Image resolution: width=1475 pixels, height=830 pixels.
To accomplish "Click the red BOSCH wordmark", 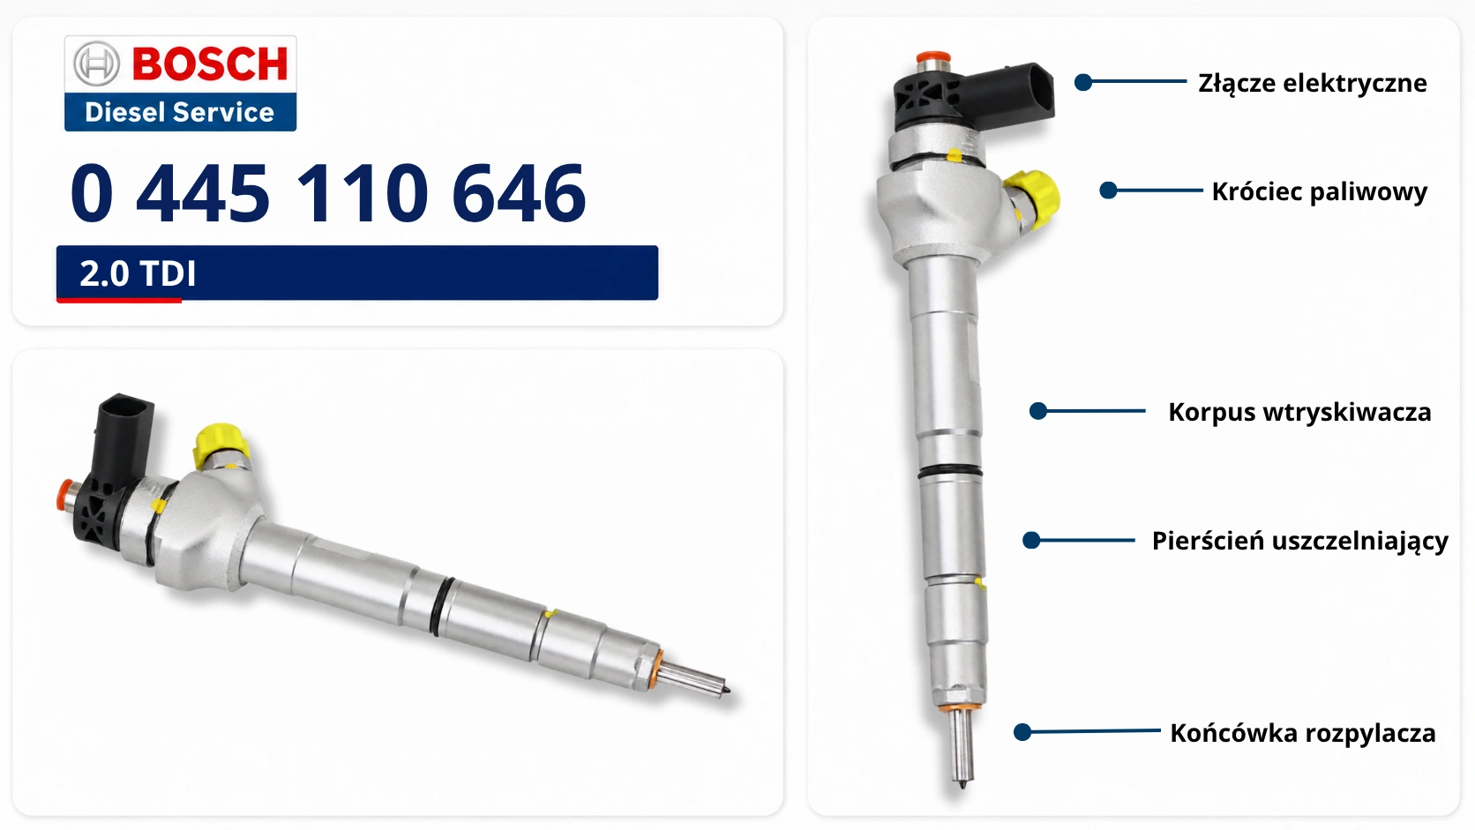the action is (x=210, y=64).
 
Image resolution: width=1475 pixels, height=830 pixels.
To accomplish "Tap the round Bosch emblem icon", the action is (x=97, y=64).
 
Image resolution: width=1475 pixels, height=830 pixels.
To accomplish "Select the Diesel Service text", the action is (x=180, y=113).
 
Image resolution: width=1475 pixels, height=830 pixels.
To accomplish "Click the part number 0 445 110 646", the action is (x=328, y=193).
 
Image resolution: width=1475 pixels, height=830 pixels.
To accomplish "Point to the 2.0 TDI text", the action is (x=138, y=273).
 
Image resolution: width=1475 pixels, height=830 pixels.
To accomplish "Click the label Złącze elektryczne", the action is (x=1313, y=84).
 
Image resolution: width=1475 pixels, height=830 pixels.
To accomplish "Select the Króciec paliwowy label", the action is (x=1320, y=191).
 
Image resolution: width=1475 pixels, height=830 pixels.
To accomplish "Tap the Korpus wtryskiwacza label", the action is (x=1299, y=412).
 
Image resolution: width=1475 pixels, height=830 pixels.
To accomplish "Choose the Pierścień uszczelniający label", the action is (x=1299, y=541).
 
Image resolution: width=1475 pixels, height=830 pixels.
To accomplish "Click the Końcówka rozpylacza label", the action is (x=1302, y=733).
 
